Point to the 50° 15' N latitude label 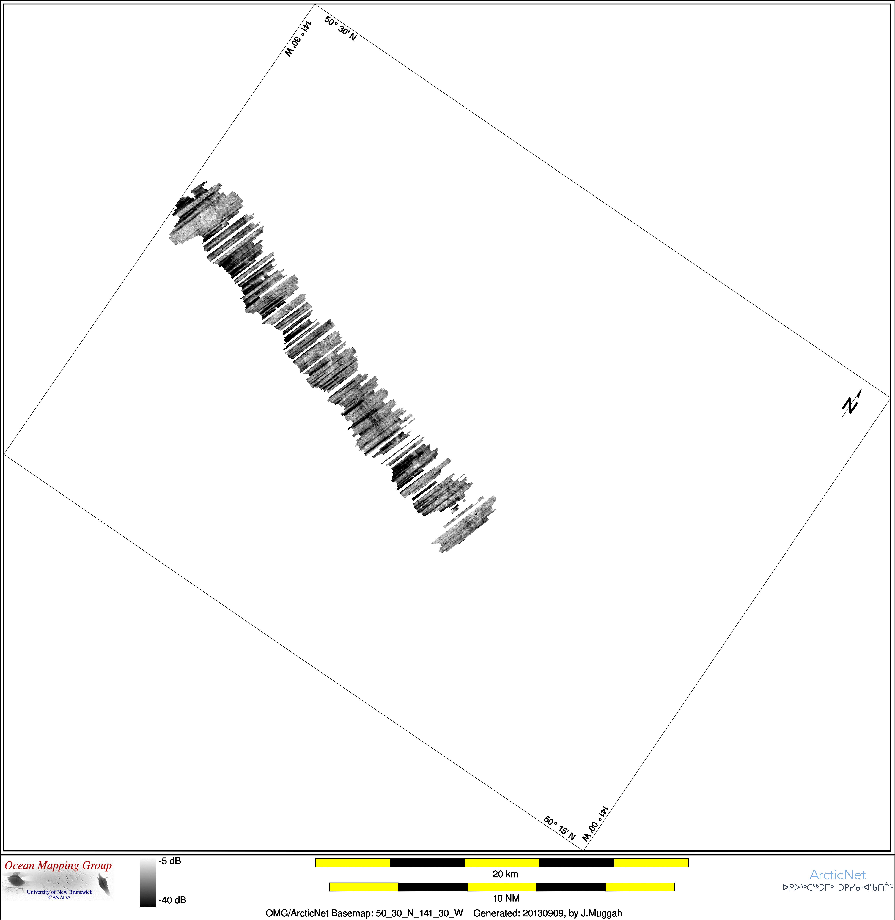559,828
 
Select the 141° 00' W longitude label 596,824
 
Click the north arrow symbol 851,404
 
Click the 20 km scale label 505,874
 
